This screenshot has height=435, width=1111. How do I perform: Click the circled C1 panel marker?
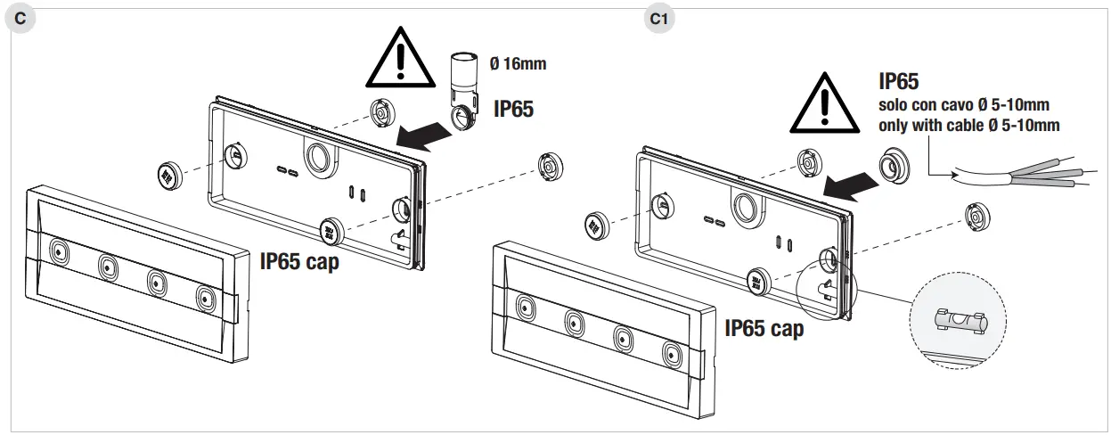(658, 19)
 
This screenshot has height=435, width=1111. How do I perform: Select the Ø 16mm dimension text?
(518, 63)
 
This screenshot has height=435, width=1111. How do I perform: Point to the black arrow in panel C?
(422, 135)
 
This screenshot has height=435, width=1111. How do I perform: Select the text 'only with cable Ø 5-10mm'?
(968, 126)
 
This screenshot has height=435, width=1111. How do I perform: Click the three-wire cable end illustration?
(1025, 173)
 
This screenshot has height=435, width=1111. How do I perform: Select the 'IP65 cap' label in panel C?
(299, 262)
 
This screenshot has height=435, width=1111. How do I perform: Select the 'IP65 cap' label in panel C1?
(764, 328)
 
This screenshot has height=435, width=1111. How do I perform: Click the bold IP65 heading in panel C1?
(898, 82)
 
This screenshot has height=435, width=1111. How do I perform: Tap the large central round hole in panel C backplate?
(317, 159)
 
